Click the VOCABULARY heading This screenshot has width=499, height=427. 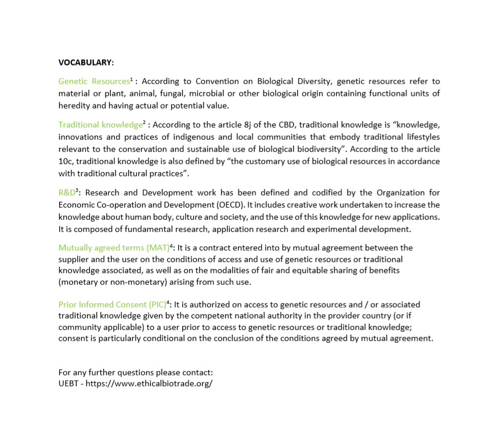tap(86, 62)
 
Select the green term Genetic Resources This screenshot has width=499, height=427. tap(93, 81)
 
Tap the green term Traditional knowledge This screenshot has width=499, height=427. tap(100, 125)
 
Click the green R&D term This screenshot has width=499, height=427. tap(67, 193)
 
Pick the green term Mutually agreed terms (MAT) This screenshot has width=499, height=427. tap(114, 248)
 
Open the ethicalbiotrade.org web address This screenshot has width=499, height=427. tap(149, 384)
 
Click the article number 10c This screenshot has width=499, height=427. tap(66, 161)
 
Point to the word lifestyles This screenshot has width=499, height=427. tap(421, 137)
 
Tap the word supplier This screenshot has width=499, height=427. tap(74, 259)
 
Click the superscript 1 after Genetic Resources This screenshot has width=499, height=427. tap(132, 79)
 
